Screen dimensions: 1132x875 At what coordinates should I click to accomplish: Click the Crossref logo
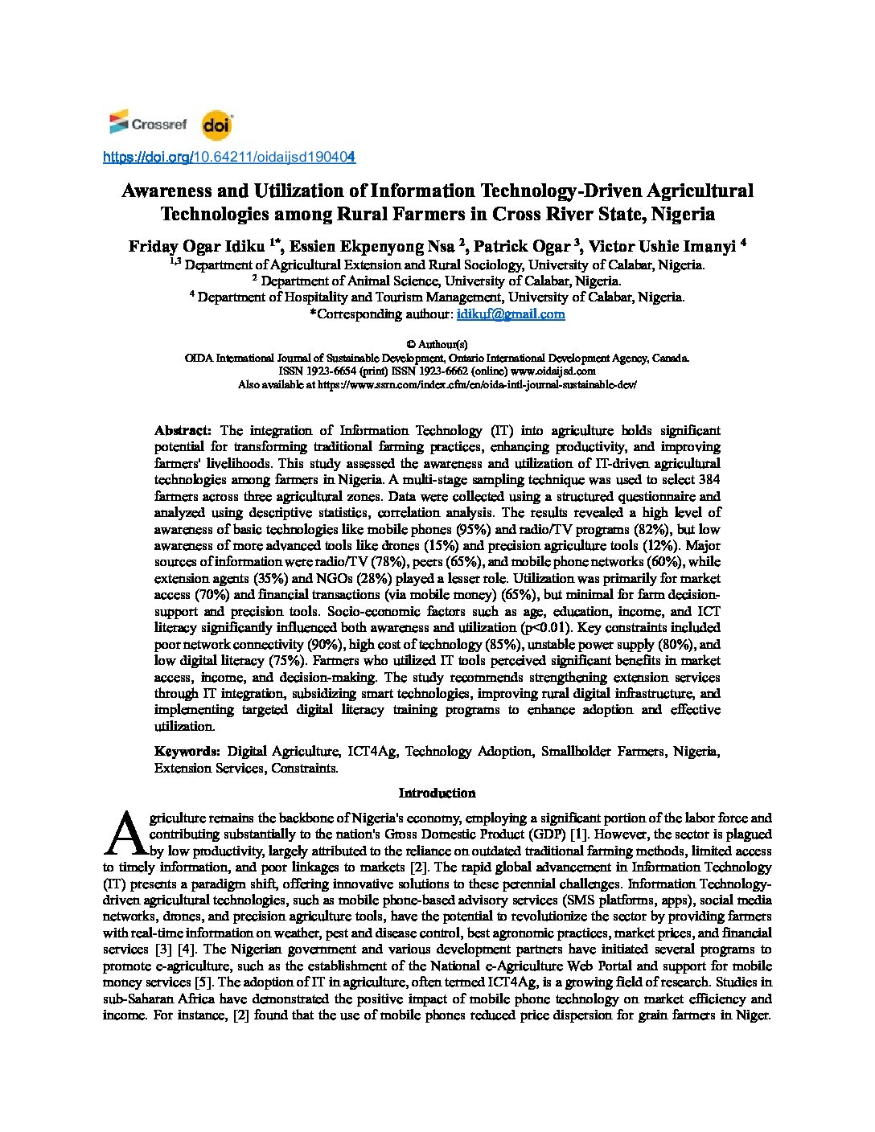pos(148,124)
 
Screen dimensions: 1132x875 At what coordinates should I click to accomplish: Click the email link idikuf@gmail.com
pos(511,314)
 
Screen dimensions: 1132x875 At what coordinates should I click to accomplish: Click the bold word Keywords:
pos(187,752)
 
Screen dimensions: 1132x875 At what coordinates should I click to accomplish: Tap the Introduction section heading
pos(437,793)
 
